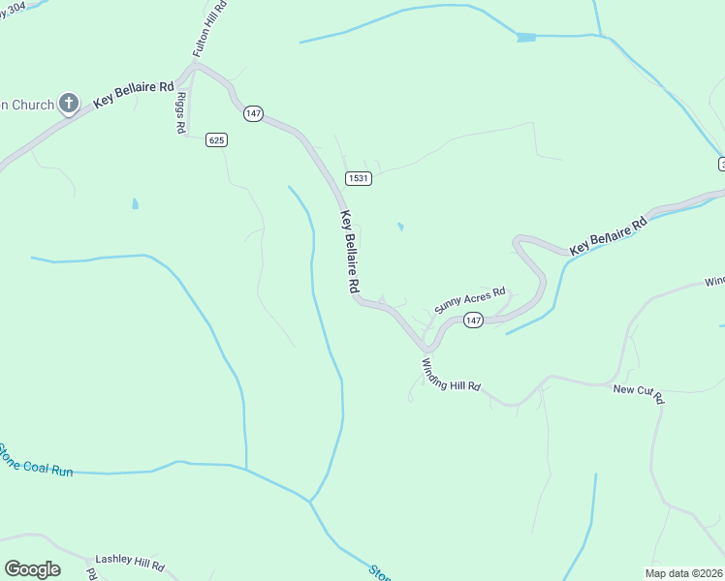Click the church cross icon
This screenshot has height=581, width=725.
pos(69,103)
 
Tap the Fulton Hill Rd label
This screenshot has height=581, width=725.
pos(209,28)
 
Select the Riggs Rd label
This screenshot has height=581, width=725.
pos(183,115)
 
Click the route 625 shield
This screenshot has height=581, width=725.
pos(216,140)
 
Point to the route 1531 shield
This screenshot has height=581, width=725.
pos(359,178)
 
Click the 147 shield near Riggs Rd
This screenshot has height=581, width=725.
pos(253,113)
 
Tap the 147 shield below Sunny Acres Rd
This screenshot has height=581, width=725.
pos(472,321)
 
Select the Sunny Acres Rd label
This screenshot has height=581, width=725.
pos(470,298)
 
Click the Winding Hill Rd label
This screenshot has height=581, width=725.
pos(451,374)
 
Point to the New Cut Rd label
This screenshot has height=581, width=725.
pos(639,392)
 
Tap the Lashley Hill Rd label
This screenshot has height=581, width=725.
pos(129,564)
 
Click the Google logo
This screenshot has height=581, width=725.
pos(32,569)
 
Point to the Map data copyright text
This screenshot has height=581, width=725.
pos(683,573)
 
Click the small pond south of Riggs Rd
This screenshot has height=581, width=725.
pos(135,204)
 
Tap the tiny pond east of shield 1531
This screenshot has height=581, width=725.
pos(400,228)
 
